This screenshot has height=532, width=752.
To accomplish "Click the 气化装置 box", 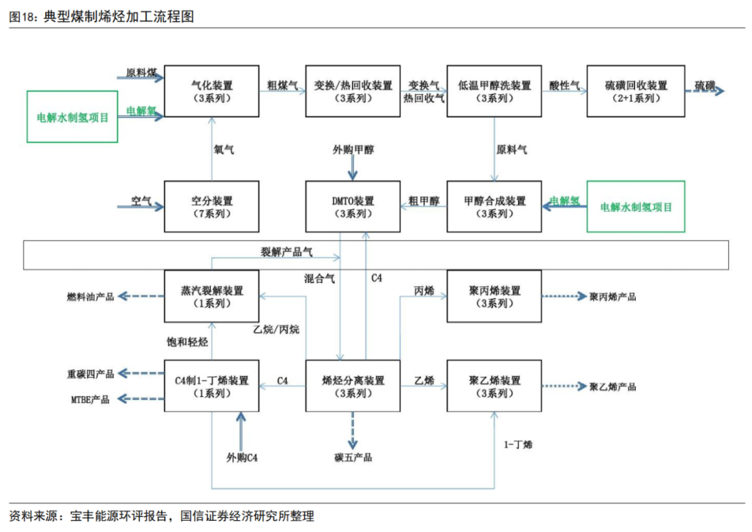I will [x=211, y=91].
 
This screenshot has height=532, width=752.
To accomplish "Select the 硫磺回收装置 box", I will [x=634, y=91].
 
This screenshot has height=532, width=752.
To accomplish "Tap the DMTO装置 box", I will [x=353, y=206].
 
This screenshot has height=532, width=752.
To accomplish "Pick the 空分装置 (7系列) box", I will [x=211, y=206].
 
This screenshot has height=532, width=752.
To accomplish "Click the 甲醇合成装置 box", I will [x=494, y=206].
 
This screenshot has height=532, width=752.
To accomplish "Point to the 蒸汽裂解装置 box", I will [x=211, y=296].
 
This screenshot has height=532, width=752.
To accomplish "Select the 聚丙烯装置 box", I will [x=494, y=296].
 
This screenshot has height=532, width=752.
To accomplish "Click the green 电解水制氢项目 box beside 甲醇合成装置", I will [x=636, y=206].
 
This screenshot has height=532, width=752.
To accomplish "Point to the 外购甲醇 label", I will [x=353, y=150].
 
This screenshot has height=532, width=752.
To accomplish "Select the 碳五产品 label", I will [x=353, y=457].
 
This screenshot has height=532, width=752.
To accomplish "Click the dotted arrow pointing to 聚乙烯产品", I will [x=565, y=386].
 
